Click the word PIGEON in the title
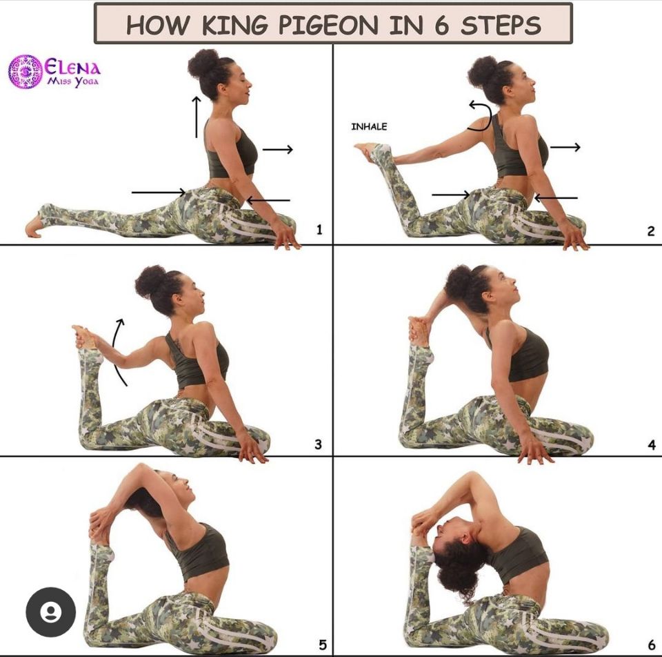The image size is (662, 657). [328, 25]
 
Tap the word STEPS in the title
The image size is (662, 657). [501, 25]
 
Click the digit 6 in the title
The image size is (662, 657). [441, 25]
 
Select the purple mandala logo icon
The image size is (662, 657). [26, 71]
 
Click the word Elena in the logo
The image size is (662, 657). [72, 67]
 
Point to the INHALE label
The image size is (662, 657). [369, 127]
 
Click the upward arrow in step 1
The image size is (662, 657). [197, 117]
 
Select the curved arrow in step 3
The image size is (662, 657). [116, 351]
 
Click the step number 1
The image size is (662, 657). [319, 229]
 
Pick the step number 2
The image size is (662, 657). [650, 231]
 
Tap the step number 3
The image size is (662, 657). [319, 444]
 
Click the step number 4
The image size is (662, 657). [652, 445]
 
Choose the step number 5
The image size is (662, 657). [323, 645]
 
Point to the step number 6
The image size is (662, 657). [652, 645]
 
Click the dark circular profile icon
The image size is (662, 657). [50, 611]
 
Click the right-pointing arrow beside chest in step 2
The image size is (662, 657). [565, 147]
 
